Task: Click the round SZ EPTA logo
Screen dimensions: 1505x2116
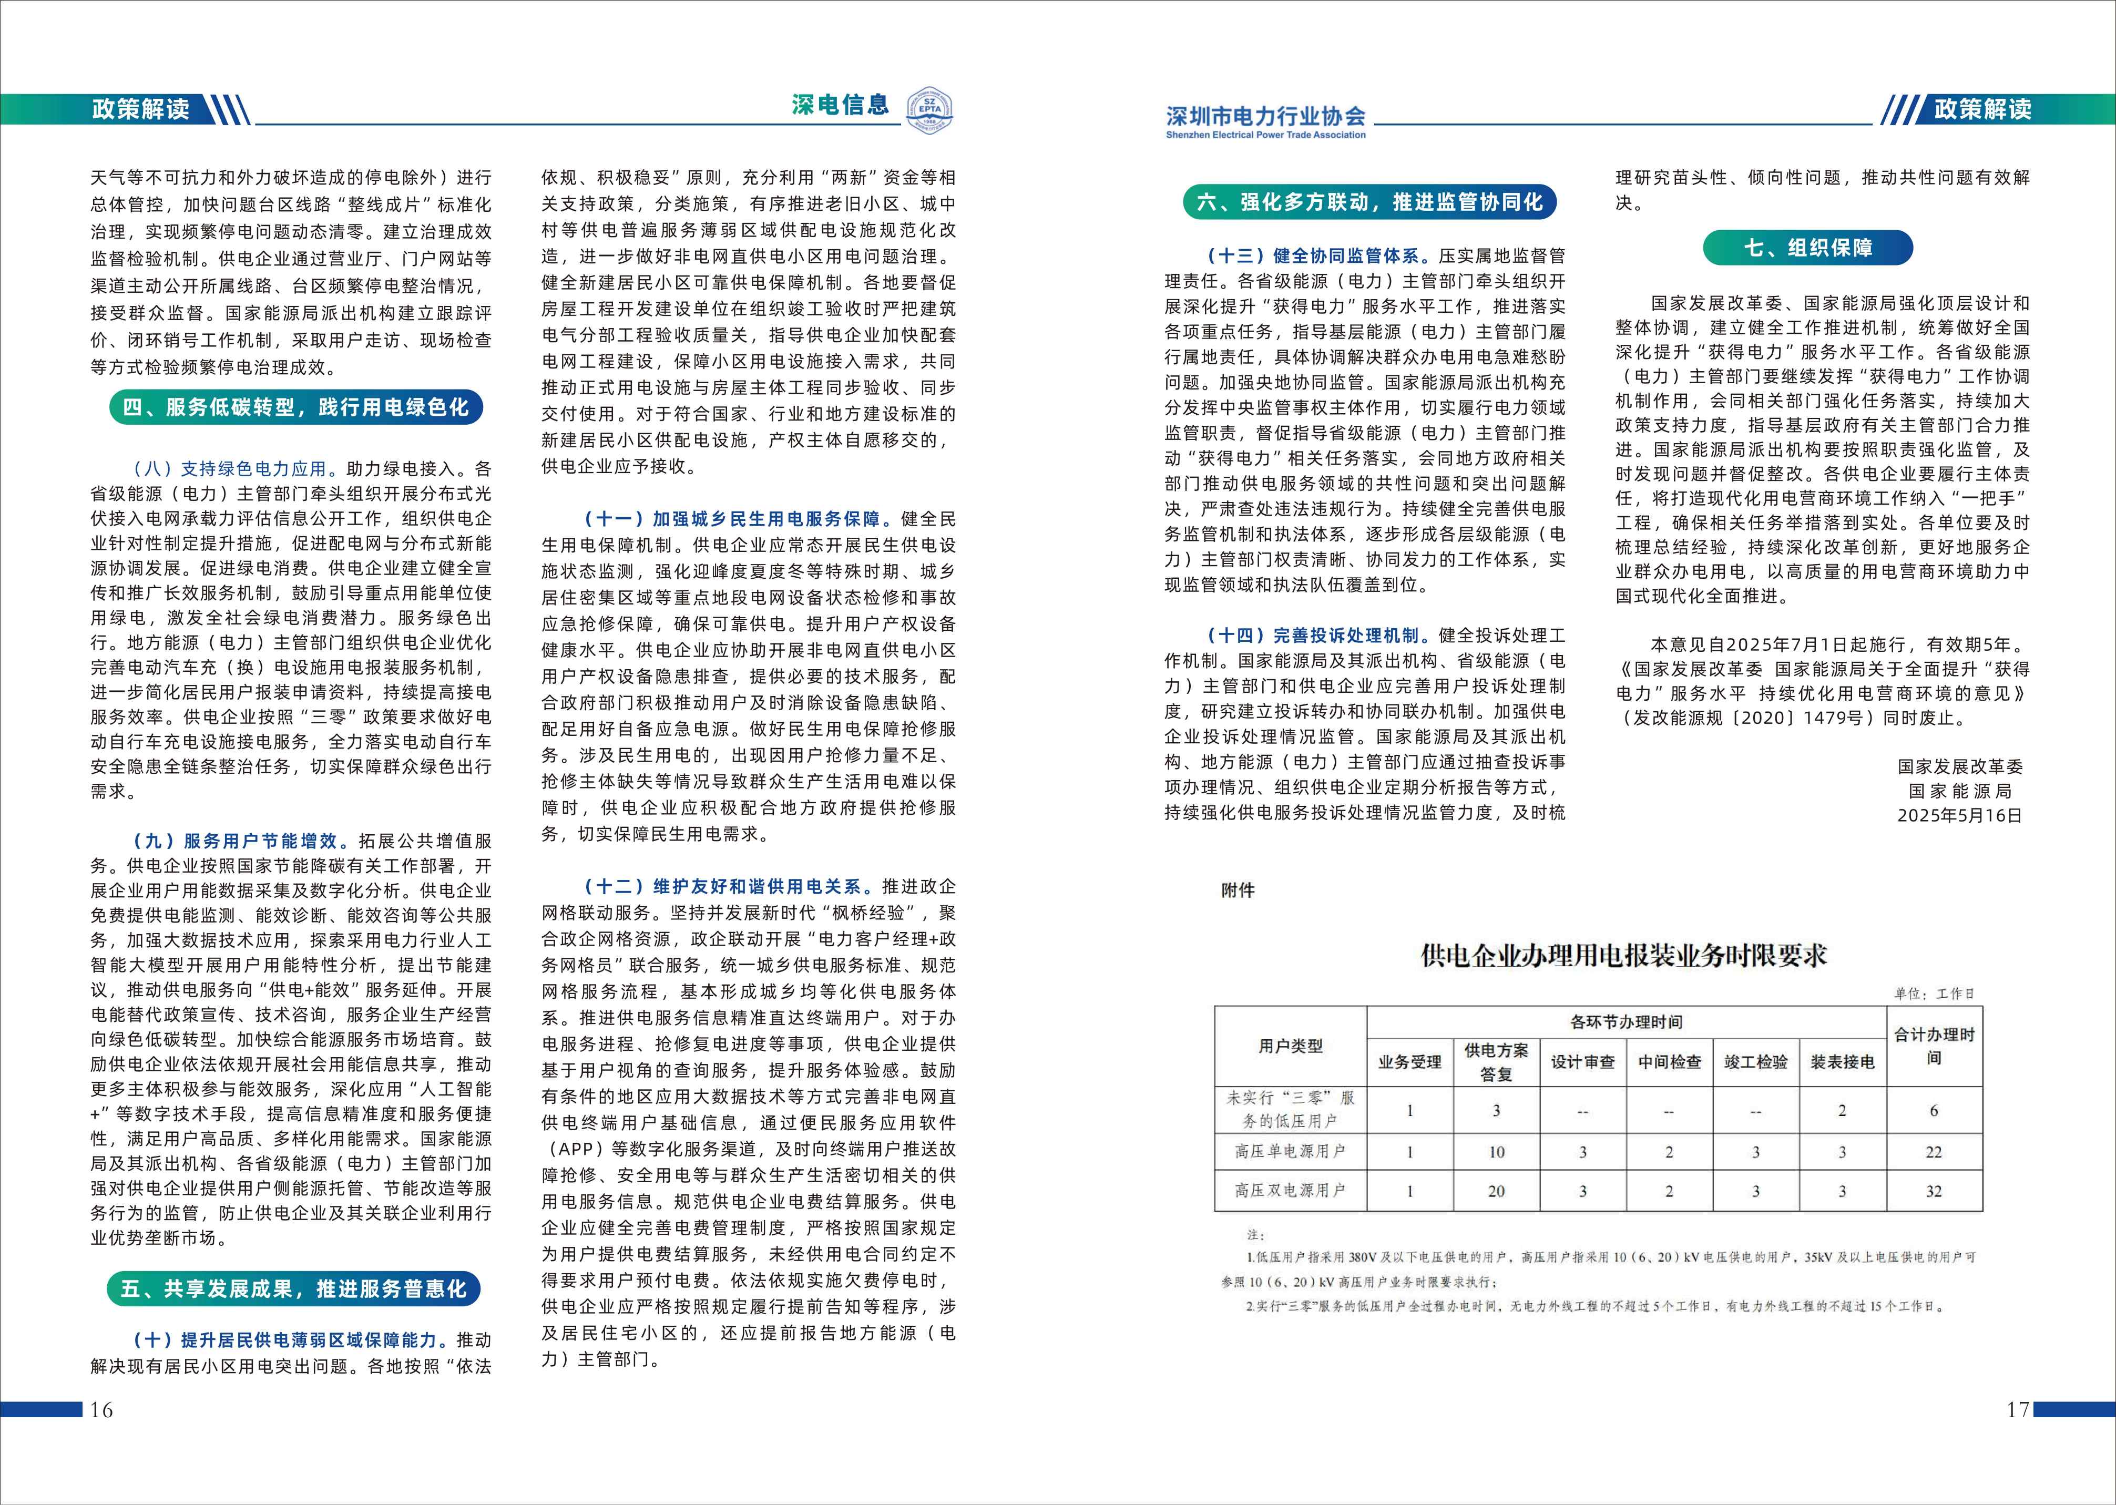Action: point(929,110)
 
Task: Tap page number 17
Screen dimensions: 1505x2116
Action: point(2018,1409)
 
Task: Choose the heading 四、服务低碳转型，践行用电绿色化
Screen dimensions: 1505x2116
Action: point(295,407)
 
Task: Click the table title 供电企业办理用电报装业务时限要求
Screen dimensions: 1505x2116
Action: point(1623,956)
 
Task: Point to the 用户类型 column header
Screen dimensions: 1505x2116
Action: point(1290,1046)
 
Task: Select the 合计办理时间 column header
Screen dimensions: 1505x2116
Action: point(1934,1046)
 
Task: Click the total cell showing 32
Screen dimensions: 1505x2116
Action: point(1934,1191)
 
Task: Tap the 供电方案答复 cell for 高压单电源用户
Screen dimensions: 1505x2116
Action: point(1496,1152)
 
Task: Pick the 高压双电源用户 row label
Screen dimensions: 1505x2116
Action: point(1290,1191)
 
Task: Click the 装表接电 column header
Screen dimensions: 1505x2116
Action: point(1842,1062)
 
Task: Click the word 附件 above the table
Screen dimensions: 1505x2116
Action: point(1238,890)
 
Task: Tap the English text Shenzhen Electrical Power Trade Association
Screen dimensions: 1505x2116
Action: point(1265,135)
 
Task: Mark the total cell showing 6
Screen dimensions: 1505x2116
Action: point(1934,1110)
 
